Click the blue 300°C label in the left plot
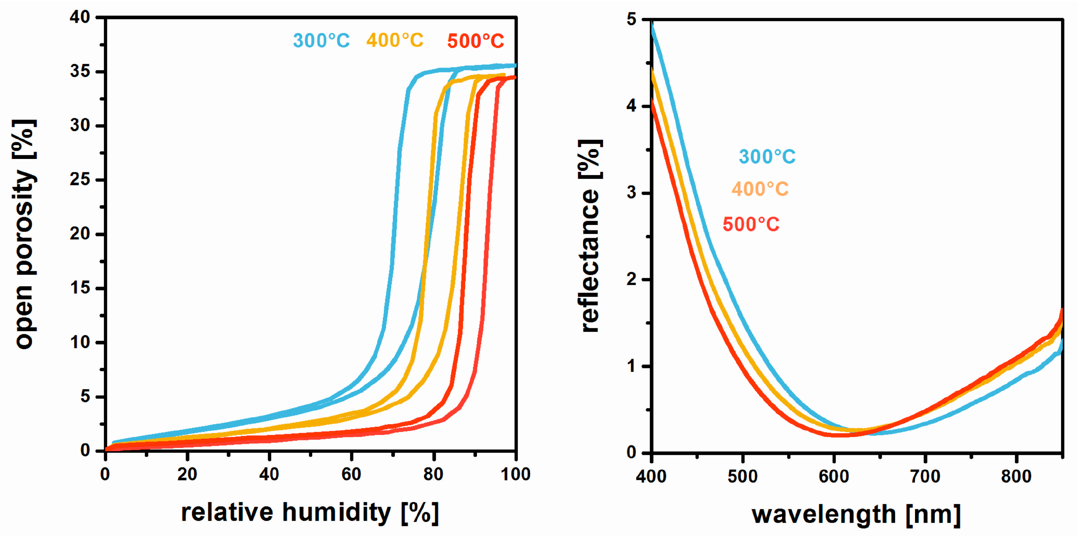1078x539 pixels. (x=321, y=40)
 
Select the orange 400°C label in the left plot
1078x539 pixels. (x=395, y=40)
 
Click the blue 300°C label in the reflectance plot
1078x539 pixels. (x=767, y=157)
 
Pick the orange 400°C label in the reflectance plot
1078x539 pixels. (x=759, y=189)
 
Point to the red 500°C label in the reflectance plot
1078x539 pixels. (x=751, y=225)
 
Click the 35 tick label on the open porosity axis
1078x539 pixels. (x=80, y=72)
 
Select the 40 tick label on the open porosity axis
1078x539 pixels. (x=80, y=17)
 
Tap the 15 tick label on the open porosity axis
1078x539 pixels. (x=80, y=288)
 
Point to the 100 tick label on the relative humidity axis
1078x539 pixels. (x=516, y=474)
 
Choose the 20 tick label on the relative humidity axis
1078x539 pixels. (x=187, y=474)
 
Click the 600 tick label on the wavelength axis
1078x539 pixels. (x=834, y=476)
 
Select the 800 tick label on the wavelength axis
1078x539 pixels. (x=1016, y=476)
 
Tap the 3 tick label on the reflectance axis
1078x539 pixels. (x=632, y=193)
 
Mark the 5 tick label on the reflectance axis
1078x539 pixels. (x=632, y=20)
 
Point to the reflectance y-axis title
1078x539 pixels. (x=590, y=236)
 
